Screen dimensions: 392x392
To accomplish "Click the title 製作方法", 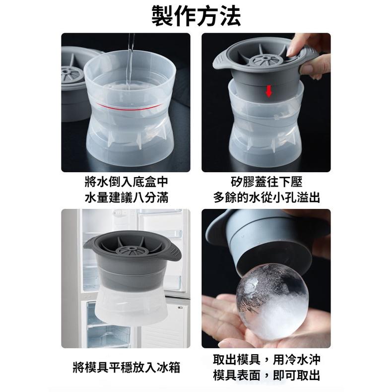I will (x=196, y=16).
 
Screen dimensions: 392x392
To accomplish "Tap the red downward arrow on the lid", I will (x=268, y=91).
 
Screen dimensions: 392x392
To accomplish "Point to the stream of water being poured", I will (x=130, y=60).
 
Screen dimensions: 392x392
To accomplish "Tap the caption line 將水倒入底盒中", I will (x=126, y=183).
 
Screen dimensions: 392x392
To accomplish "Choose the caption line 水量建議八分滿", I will (x=126, y=198).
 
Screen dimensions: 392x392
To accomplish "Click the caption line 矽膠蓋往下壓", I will (x=266, y=183).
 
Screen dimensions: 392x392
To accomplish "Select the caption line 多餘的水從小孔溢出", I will (x=266, y=198).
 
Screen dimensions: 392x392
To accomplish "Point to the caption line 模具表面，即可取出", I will (x=266, y=375).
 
